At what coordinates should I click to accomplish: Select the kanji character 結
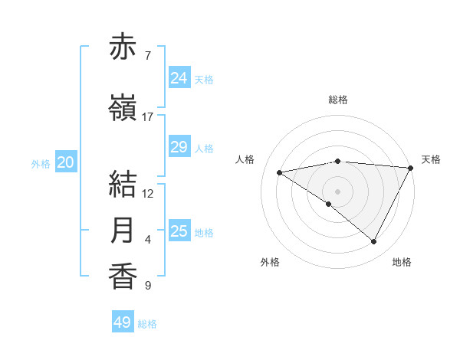123,185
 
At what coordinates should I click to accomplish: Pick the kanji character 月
123,230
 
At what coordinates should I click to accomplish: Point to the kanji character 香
123,276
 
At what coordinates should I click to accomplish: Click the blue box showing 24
179,78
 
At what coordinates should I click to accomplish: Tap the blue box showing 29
179,147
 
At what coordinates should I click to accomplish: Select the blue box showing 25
179,231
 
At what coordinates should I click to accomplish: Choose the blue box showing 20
66,162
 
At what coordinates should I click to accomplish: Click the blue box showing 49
122,322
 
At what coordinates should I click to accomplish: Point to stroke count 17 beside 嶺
148,117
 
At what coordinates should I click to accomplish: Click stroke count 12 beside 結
148,194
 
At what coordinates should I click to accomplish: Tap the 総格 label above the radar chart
338,100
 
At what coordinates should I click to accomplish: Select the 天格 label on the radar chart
431,159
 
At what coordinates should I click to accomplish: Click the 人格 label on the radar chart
245,159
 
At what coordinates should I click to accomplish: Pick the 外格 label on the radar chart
270,262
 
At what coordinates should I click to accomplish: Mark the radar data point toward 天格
411,168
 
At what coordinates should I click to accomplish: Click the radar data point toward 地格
374,242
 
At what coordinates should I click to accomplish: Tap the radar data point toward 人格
279,172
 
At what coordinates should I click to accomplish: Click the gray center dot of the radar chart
337,191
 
